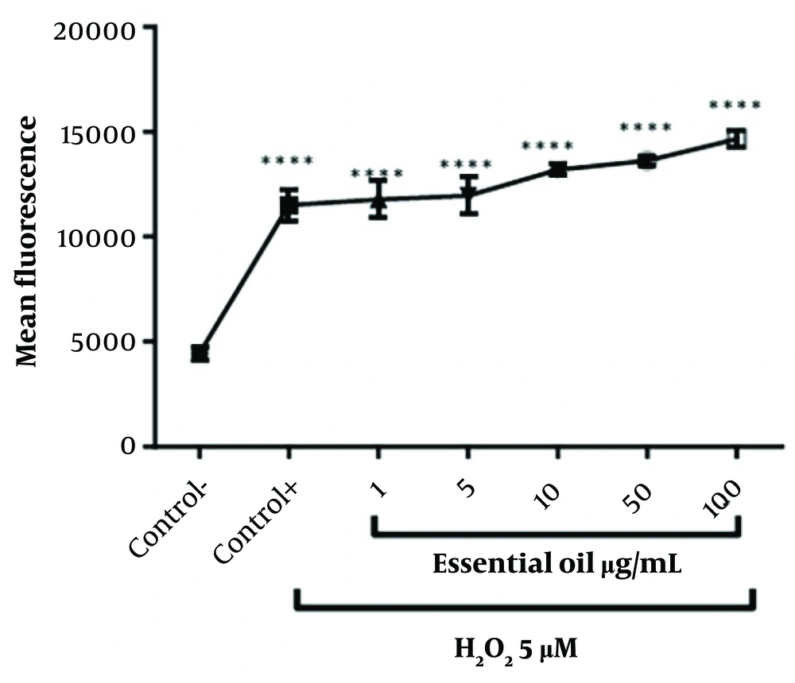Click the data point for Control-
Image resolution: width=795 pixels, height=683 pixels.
pyautogui.click(x=200, y=353)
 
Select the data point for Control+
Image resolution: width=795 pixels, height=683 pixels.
pyautogui.click(x=289, y=206)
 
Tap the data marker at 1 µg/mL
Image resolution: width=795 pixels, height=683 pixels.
pyautogui.click(x=378, y=199)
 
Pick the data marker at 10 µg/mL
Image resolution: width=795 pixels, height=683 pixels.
pyautogui.click(x=557, y=169)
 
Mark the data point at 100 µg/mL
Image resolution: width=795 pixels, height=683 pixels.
pyautogui.click(x=736, y=139)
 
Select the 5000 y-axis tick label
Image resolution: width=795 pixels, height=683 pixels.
pyautogui.click(x=101, y=342)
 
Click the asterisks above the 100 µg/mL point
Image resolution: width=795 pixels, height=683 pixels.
pyautogui.click(x=735, y=106)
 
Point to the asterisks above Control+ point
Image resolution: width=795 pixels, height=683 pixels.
pyautogui.click(x=288, y=160)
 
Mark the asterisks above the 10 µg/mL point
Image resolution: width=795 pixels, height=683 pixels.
pyautogui.click(x=549, y=146)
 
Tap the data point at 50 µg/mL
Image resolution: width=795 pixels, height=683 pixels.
pyautogui.click(x=646, y=161)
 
